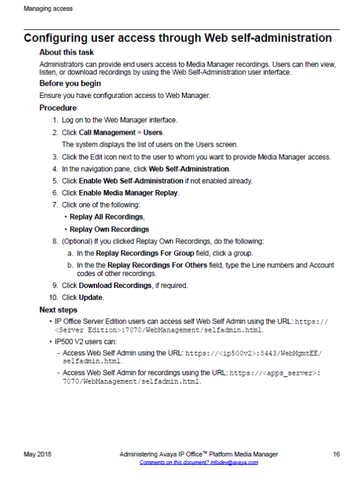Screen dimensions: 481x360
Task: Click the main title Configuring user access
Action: click(x=177, y=38)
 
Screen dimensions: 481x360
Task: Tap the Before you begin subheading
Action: click(x=70, y=84)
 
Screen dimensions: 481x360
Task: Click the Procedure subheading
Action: click(x=58, y=108)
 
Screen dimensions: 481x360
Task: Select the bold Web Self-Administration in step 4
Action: click(x=189, y=169)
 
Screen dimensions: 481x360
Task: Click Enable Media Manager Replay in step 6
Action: click(x=129, y=193)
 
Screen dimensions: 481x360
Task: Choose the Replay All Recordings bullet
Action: click(x=106, y=216)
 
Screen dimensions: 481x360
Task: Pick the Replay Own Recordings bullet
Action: click(x=109, y=229)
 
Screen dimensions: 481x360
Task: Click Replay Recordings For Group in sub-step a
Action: click(x=136, y=253)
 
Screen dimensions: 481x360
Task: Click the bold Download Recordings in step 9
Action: click(x=115, y=285)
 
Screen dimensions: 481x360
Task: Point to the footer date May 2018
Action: click(x=37, y=455)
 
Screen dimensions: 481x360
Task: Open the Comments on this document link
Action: click(x=199, y=462)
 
